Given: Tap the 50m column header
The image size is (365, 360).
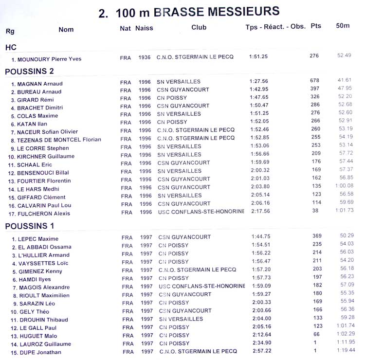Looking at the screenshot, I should tap(343, 26).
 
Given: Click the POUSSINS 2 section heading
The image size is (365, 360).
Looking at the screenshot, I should tap(29, 72).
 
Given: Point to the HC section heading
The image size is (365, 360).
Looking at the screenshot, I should tap(11, 48).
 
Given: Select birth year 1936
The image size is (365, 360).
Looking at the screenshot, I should tap(145, 57).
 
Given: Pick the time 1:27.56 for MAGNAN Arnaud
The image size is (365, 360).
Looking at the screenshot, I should tap(258, 81).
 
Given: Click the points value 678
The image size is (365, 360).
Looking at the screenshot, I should tap(314, 80).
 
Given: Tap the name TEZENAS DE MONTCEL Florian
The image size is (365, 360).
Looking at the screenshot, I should tap(59, 140).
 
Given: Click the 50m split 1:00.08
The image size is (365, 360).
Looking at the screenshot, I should tap(344, 186).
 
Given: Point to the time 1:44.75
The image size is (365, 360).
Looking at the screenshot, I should tap(260, 237).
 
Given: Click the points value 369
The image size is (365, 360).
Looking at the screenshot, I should tap(317, 236).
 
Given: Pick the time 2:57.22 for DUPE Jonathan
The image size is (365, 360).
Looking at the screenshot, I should tap(262, 351).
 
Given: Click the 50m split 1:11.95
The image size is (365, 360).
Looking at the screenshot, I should tap(345, 342).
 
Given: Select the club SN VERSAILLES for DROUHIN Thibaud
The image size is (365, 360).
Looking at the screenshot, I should tap(181, 319).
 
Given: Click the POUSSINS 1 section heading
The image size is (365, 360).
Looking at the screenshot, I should tap(29, 226).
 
